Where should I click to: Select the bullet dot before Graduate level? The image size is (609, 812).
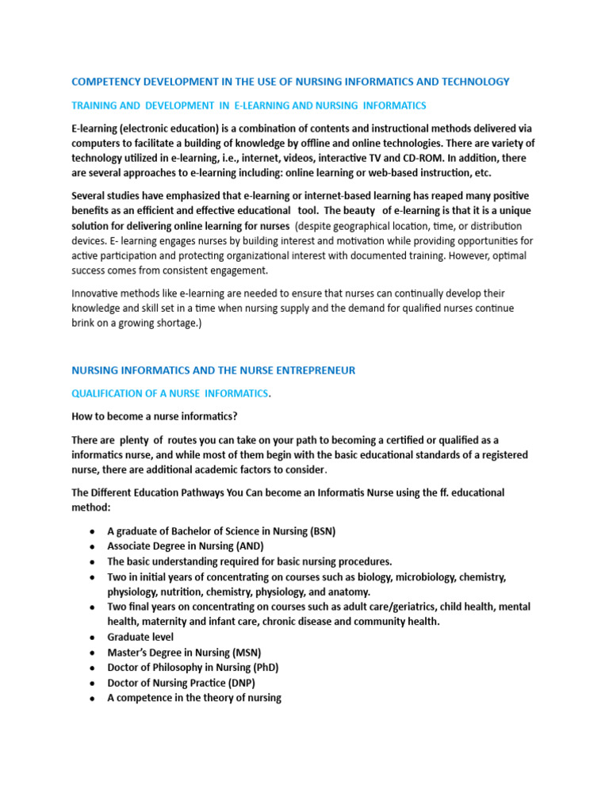(x=93, y=638)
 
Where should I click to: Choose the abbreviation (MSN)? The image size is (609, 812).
(x=246, y=653)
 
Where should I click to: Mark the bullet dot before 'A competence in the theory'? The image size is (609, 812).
(x=93, y=699)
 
